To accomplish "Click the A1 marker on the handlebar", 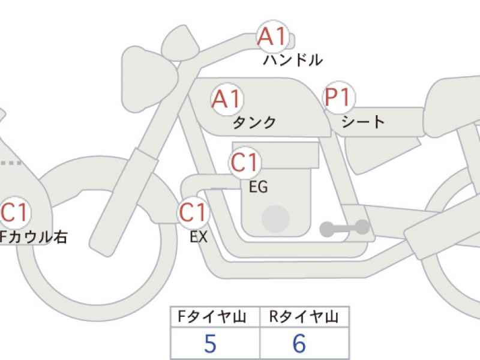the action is click(x=273, y=36).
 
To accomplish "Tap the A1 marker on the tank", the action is click(x=227, y=99).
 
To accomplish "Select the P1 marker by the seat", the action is click(x=338, y=97).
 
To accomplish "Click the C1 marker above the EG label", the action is click(x=244, y=162).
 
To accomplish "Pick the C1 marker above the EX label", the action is click(x=193, y=212).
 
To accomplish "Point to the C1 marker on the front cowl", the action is click(x=16, y=212).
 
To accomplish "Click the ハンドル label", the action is click(x=293, y=60).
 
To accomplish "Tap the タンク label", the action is click(x=254, y=122).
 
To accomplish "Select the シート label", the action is click(x=363, y=122).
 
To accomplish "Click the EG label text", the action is click(x=259, y=187).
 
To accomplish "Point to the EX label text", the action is click(x=199, y=236).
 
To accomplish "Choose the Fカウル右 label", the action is click(x=33, y=237).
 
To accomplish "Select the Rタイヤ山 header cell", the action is click(x=304, y=317).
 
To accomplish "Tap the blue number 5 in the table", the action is click(x=210, y=343).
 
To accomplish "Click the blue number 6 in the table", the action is click(x=299, y=343).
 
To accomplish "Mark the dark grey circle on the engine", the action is click(x=275, y=219).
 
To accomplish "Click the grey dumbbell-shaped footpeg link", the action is click(x=344, y=228).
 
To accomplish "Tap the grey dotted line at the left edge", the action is click(x=11, y=163).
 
